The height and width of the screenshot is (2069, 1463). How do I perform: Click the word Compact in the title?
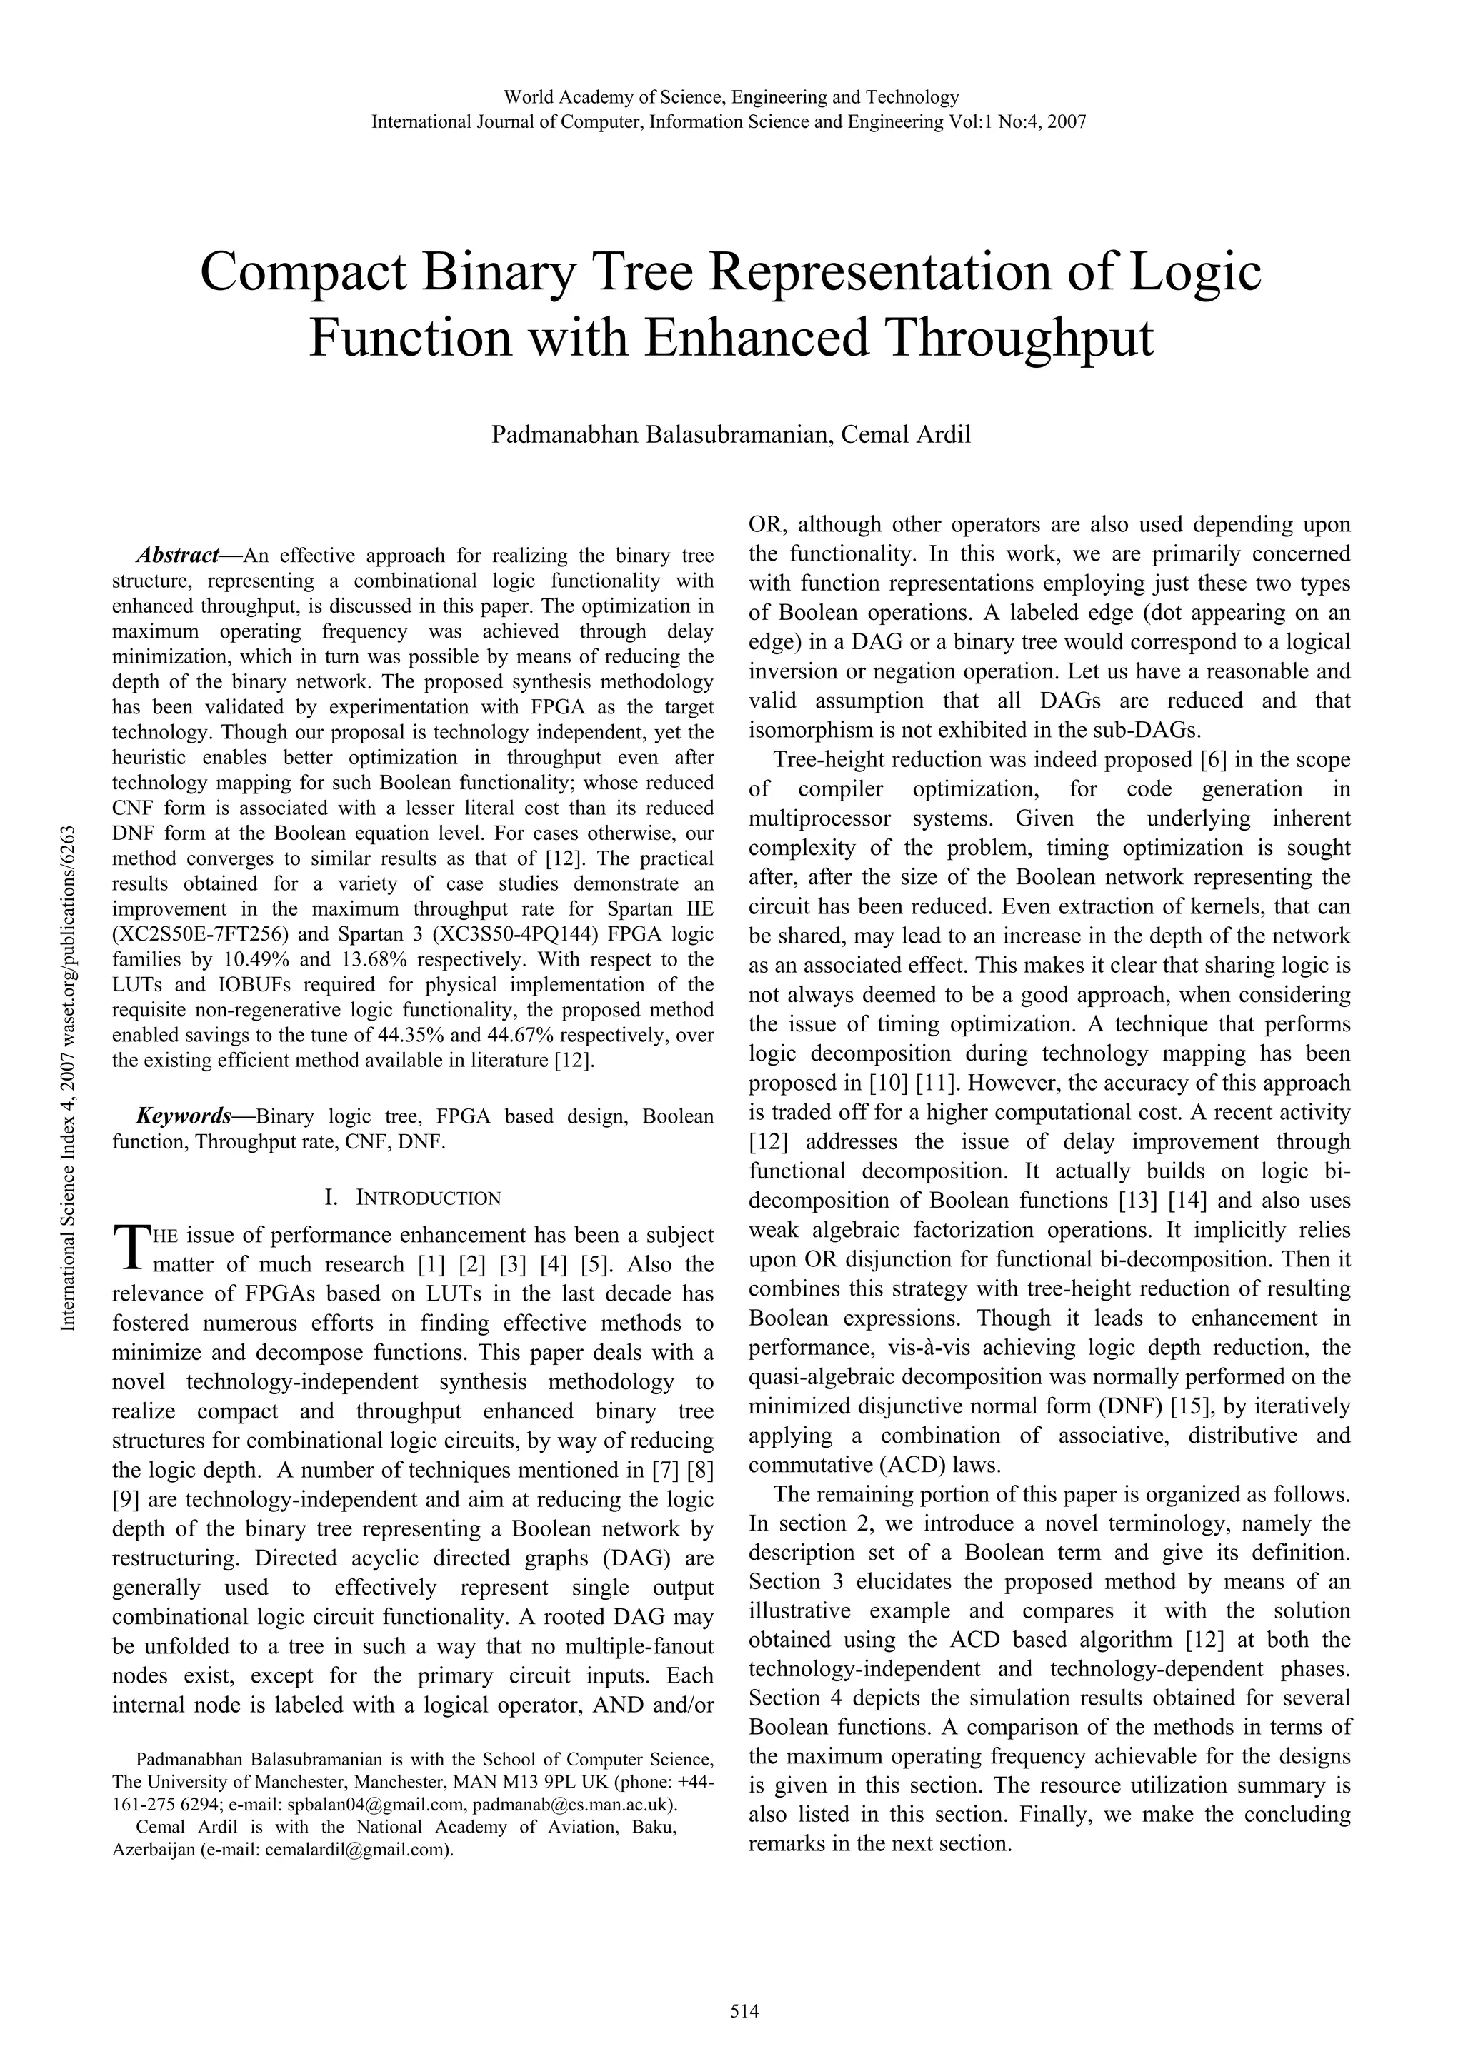(302, 273)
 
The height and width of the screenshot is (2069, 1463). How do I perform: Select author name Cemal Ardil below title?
(905, 434)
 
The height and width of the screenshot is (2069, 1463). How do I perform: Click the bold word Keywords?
(184, 1116)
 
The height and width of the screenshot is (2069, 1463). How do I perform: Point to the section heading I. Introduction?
(413, 1198)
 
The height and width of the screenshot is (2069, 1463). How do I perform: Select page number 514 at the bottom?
(731, 2010)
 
